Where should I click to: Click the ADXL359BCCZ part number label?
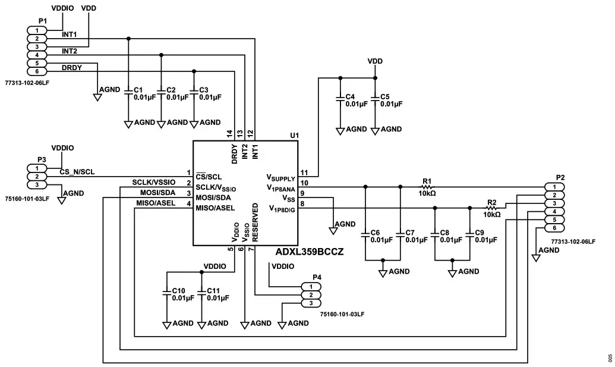coord(310,252)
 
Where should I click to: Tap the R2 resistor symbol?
coord(492,208)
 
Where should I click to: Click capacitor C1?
coord(128,93)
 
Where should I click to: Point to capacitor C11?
coord(201,294)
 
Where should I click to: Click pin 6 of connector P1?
coord(37,71)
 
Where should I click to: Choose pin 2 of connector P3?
coord(37,177)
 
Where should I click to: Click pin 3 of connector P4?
coord(312,303)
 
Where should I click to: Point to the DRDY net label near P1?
coord(71,67)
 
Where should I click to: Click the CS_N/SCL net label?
coord(77,172)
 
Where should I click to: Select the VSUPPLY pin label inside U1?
coord(280,177)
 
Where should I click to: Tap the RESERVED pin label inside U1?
coord(256,221)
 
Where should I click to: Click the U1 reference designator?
coord(294,136)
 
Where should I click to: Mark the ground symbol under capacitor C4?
coord(340,130)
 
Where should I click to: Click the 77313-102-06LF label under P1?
coord(27,83)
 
